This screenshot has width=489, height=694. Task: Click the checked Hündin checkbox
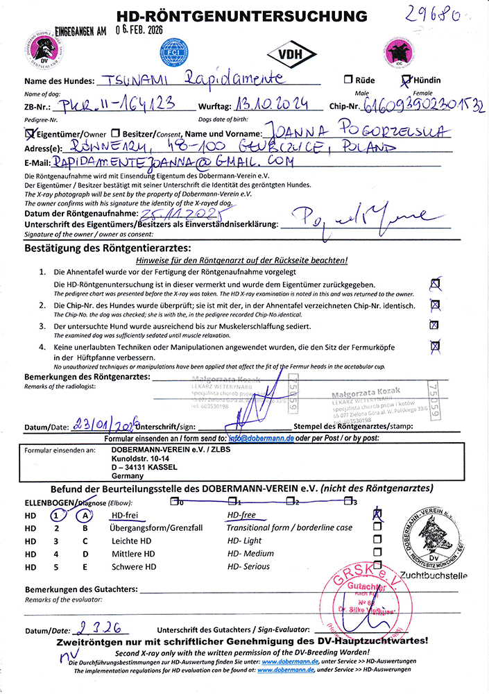tap(406, 80)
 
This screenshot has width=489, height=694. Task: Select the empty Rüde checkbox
tap(348, 80)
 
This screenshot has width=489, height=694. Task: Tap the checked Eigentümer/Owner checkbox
tap(29, 132)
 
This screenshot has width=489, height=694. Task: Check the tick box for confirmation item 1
tap(436, 283)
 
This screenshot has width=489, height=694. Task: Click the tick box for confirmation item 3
tap(435, 325)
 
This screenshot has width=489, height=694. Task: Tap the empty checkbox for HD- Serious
tap(377, 566)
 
